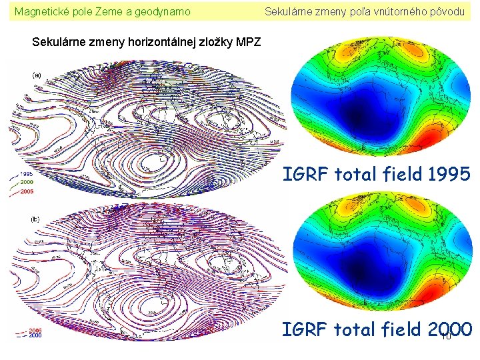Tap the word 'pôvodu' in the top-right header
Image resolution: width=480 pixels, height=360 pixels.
click(x=447, y=11)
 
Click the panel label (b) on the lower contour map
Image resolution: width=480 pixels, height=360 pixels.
click(x=36, y=219)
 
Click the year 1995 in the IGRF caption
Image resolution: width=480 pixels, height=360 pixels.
click(x=449, y=175)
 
